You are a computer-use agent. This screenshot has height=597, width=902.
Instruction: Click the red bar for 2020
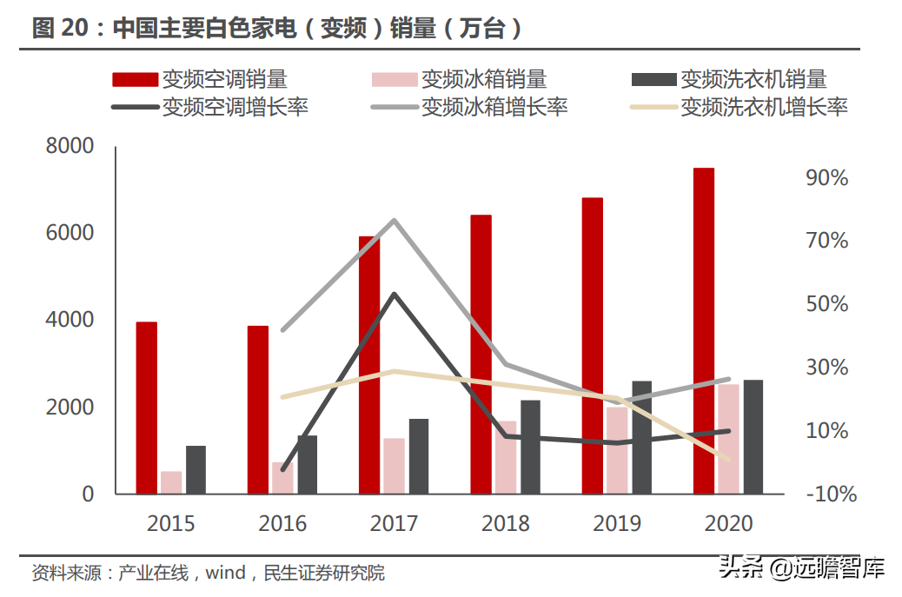tap(704, 330)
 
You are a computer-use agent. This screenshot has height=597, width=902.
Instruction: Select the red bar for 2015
tap(147, 408)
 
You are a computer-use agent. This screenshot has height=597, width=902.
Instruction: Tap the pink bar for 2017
tap(395, 466)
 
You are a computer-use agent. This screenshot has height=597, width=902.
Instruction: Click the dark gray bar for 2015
tap(196, 470)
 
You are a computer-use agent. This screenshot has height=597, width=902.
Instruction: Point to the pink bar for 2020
tap(728, 439)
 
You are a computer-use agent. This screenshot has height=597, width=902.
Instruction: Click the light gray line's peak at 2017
tap(395, 220)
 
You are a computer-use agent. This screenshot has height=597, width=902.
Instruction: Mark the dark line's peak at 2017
tap(395, 294)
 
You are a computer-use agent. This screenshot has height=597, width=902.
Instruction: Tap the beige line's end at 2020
tap(728, 460)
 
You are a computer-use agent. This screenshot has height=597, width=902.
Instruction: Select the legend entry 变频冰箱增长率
tap(494, 107)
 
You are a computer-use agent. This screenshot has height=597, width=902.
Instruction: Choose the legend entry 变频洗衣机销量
tap(753, 80)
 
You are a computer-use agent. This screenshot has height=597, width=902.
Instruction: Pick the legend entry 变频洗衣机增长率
tap(763, 107)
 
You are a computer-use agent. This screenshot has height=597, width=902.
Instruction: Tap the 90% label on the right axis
tap(827, 178)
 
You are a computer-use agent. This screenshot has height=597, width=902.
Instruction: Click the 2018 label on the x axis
tap(506, 523)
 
